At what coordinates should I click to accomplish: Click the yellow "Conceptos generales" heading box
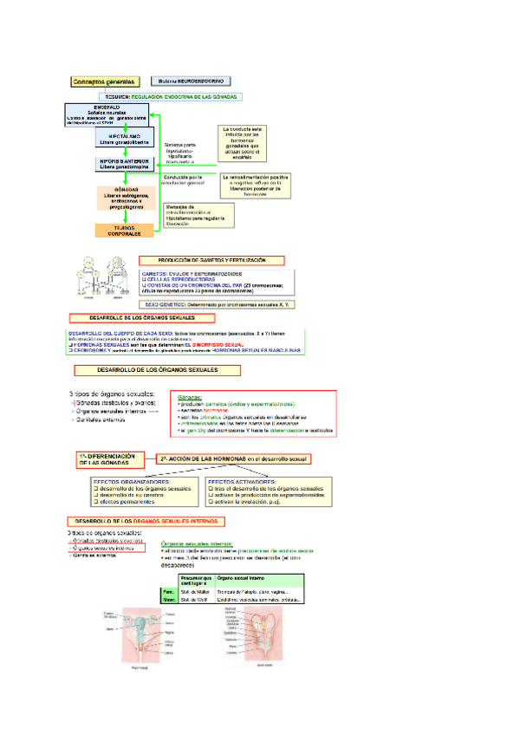[105, 81]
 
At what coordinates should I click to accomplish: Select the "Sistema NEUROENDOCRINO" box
[193, 81]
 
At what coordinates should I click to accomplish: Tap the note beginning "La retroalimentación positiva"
[267, 184]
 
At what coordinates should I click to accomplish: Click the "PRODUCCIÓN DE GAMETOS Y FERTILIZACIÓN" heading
[211, 260]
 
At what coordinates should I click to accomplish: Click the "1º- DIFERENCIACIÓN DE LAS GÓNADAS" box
[107, 459]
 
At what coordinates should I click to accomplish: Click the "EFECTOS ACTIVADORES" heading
[245, 481]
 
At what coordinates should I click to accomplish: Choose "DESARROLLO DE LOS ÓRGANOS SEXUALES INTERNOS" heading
[147, 521]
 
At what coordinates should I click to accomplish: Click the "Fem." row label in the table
[168, 591]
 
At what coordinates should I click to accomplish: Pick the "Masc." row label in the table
[168, 600]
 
